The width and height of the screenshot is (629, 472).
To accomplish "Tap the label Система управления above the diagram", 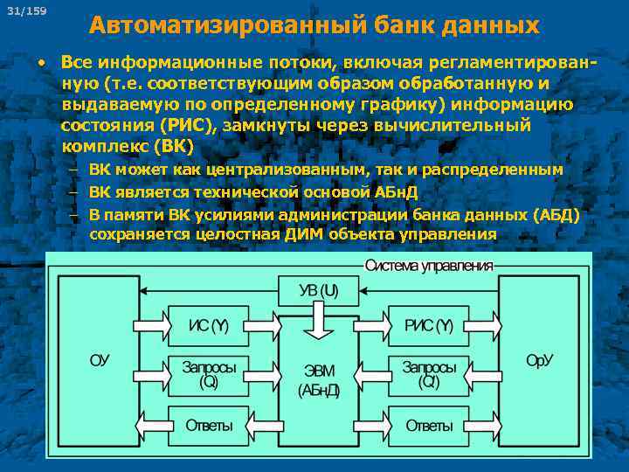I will tap(428, 266).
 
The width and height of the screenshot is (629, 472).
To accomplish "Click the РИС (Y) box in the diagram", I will tap(428, 326).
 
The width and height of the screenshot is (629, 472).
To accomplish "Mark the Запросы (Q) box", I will tap(208, 375).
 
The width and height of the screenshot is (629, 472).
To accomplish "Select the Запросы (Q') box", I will tap(428, 375).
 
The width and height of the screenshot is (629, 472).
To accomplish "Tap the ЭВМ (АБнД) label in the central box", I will tap(318, 379).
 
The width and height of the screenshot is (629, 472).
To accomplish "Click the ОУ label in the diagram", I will tap(99, 360).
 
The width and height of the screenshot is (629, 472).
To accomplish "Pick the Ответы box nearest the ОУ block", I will tap(208, 426).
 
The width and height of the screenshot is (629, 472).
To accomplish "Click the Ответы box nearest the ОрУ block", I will tap(428, 426).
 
